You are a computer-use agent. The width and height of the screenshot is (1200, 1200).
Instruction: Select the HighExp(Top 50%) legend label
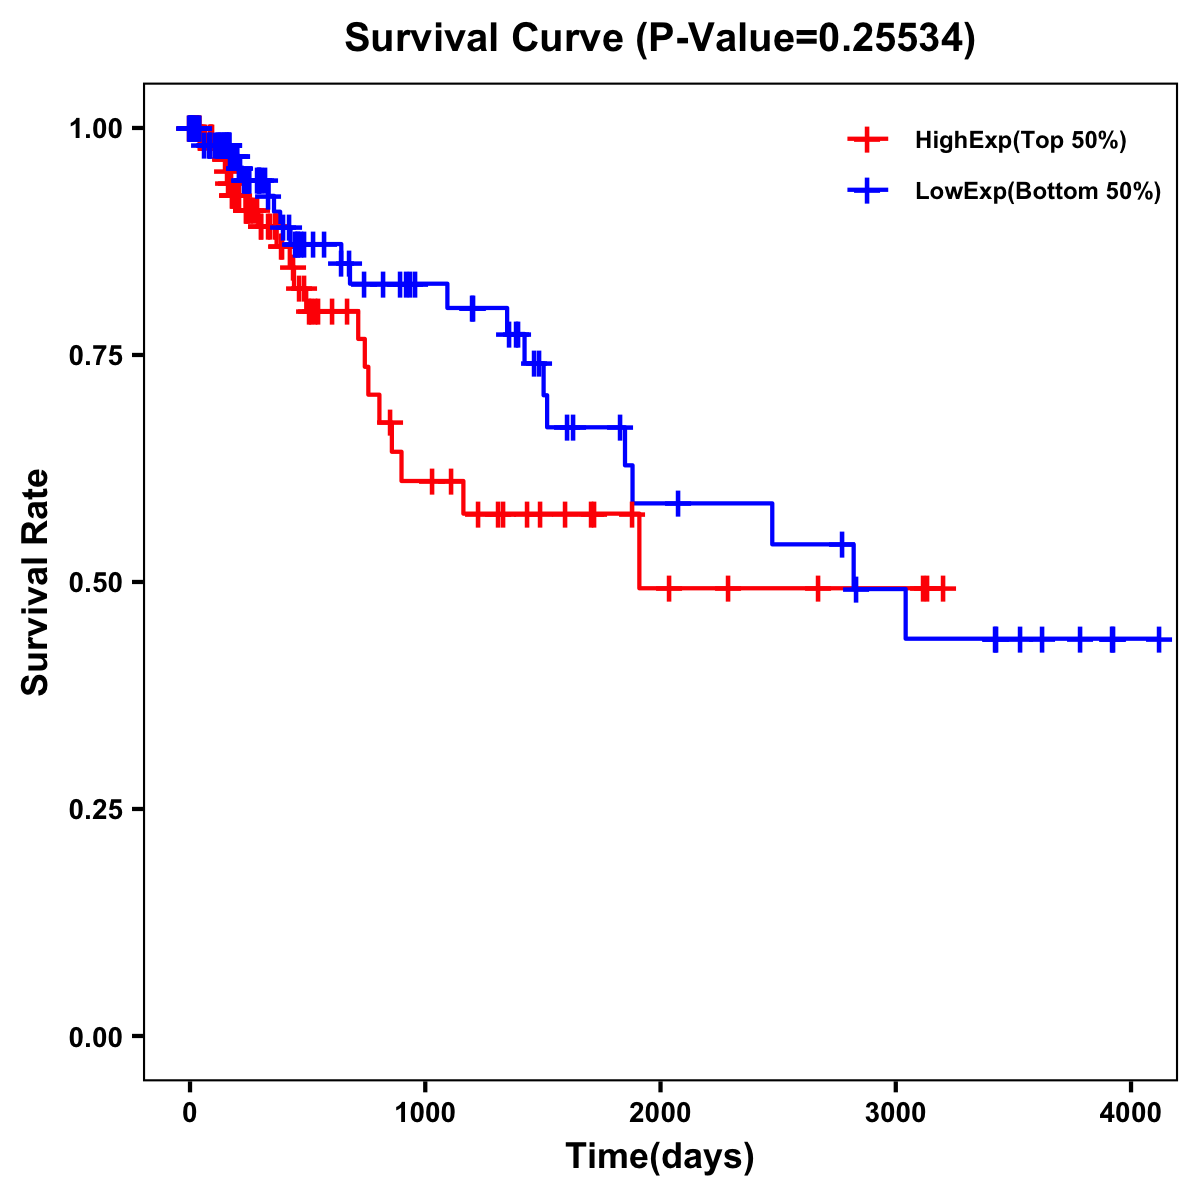[1020, 141]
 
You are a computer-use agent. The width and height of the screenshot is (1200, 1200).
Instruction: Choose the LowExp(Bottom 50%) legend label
[1038, 191]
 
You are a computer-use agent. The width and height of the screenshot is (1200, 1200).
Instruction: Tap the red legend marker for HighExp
[867, 140]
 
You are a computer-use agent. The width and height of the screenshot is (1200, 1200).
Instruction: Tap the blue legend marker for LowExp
[867, 190]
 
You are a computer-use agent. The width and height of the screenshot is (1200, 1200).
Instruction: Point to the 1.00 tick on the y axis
[94, 129]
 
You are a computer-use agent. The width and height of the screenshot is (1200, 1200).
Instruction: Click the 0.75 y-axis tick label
[94, 356]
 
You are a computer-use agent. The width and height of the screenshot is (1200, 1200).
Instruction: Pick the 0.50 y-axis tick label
[94, 583]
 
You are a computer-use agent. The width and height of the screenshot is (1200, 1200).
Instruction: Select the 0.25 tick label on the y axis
[94, 810]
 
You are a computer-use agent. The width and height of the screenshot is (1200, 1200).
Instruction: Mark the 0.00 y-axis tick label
[94, 1037]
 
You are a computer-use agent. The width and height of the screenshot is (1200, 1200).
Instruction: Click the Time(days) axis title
[660, 1157]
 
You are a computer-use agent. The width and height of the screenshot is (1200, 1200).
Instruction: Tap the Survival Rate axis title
[36, 582]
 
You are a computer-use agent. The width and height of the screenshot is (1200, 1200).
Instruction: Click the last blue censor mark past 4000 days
[1158, 638]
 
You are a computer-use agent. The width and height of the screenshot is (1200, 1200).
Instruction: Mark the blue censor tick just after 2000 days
[678, 503]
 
